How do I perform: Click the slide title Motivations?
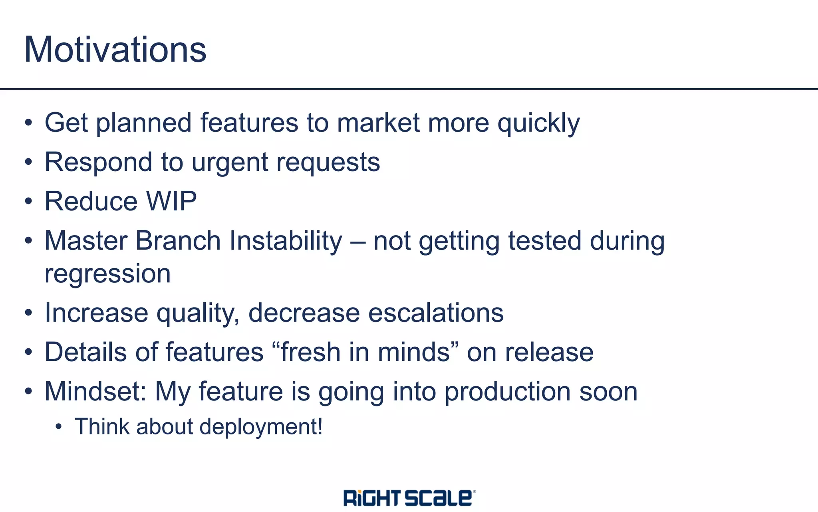115,50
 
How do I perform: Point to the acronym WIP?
171,201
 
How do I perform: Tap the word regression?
107,274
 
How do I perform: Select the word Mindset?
95,391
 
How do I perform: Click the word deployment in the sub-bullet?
260,426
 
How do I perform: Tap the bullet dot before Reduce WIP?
28,202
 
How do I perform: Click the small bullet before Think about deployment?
59,427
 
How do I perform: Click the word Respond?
98,163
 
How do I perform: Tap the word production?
507,392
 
